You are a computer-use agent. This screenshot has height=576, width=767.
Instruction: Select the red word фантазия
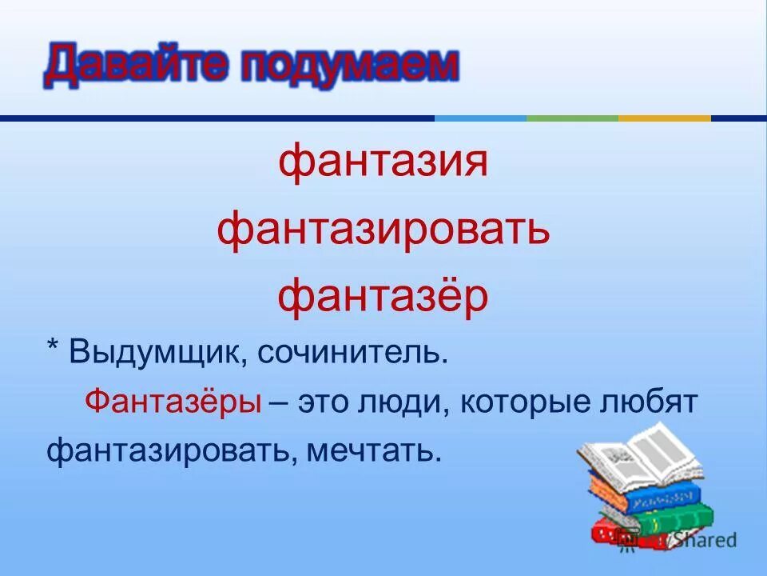tap(383, 163)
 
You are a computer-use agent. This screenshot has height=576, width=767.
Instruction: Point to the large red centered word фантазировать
tap(383, 230)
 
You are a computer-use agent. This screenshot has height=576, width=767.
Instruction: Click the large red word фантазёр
tap(383, 298)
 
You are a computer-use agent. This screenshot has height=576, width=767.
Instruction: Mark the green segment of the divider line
tap(572, 118)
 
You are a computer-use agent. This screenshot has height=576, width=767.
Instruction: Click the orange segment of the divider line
tap(664, 118)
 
